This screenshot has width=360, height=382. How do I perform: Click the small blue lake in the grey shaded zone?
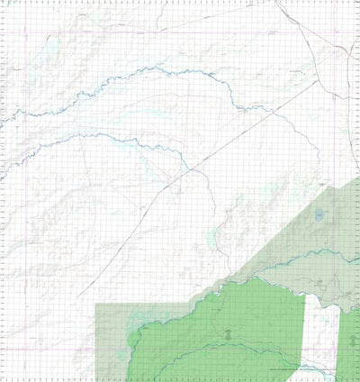click(320, 215)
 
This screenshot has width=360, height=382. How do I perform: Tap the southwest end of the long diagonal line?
click(77, 298)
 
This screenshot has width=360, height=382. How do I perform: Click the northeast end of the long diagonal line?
click(317, 81)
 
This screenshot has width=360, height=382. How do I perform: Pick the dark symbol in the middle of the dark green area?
click(230, 334)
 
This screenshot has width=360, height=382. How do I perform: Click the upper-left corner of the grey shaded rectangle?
click(96, 305)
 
